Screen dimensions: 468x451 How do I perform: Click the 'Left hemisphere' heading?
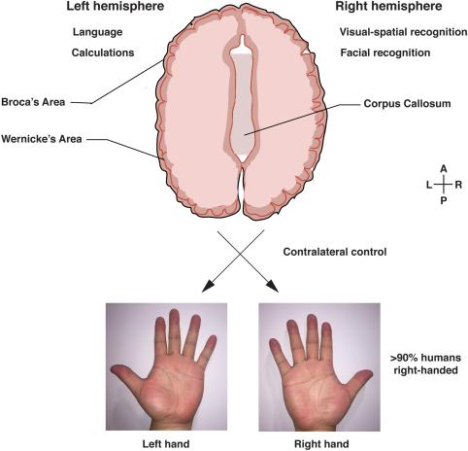116,6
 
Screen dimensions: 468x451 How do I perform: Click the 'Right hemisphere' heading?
388,6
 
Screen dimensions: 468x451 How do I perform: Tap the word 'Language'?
97,32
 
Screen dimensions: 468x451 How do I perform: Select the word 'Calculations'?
103,52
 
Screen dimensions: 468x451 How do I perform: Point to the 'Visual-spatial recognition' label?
403,32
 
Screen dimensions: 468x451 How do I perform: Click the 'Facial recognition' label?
385,52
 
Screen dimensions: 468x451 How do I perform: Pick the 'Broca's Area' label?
33,102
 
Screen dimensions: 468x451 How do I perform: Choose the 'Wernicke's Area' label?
42,139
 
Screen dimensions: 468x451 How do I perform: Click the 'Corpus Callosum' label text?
407,104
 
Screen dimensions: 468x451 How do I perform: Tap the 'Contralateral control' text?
335,252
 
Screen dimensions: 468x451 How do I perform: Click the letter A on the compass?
444,169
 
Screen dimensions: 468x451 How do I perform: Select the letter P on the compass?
444,200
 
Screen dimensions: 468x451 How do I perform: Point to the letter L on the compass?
429,185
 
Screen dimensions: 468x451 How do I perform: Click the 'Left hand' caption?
166,443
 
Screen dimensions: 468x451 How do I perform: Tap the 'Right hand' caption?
321,443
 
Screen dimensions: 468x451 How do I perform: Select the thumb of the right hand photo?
358,380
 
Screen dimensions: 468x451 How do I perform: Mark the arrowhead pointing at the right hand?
273,287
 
